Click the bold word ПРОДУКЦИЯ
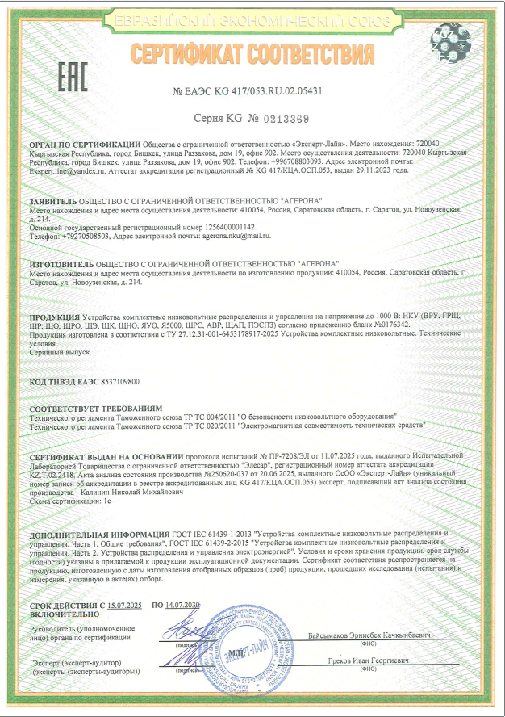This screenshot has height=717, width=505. [53, 317]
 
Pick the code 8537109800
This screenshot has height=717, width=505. [109, 380]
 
